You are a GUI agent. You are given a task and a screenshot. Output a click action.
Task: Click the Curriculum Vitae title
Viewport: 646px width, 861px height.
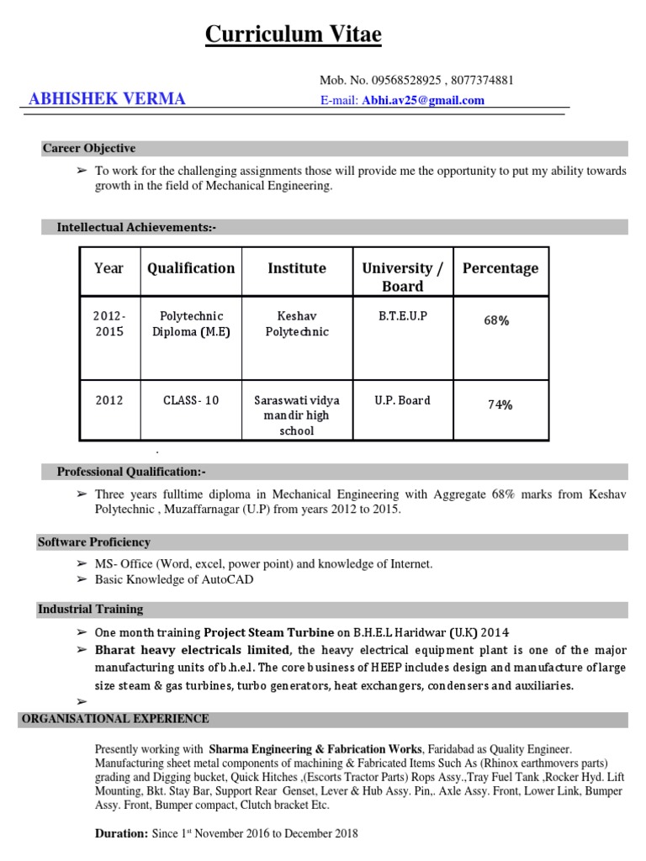pos(294,35)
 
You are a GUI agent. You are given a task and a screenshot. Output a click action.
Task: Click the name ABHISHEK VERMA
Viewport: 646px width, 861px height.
pos(107,100)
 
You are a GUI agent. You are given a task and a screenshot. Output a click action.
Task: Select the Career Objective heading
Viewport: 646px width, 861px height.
pos(89,149)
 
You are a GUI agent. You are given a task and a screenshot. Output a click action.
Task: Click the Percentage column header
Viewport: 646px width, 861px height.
pos(500,268)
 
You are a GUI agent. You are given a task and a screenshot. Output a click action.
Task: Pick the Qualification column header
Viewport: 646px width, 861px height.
pos(191,268)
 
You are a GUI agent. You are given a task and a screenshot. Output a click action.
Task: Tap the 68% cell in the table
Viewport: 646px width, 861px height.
pos(497,321)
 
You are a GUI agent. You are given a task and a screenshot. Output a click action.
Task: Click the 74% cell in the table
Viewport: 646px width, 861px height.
pos(500,404)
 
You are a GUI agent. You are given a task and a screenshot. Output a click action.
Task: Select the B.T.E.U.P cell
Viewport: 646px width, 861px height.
pos(403,316)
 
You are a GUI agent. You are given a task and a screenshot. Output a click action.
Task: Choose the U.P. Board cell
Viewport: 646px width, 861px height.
pos(402,400)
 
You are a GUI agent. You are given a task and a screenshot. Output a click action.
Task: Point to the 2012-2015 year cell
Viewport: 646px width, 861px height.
pos(109,324)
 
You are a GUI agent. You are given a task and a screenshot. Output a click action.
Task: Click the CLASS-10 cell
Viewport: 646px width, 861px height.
pos(191,400)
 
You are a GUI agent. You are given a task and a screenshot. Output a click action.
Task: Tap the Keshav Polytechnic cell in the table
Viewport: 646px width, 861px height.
pos(297,324)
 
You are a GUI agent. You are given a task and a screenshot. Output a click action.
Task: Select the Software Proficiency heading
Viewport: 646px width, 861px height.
pos(94,542)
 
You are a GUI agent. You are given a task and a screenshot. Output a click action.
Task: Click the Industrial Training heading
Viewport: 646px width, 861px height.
pos(90,610)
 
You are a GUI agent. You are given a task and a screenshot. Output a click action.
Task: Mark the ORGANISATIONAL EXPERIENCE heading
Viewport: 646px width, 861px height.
pos(115,720)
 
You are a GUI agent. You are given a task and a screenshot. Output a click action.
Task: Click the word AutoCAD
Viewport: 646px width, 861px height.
pos(228,579)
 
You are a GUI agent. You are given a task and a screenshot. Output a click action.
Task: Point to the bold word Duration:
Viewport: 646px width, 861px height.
pos(121,834)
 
